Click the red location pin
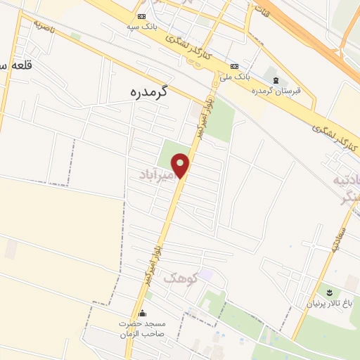click(182, 165)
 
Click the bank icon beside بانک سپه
click(141, 15)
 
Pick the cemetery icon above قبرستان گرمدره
click(275, 80)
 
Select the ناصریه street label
click(43, 29)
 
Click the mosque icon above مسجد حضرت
click(143, 313)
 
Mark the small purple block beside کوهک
click(205, 272)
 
